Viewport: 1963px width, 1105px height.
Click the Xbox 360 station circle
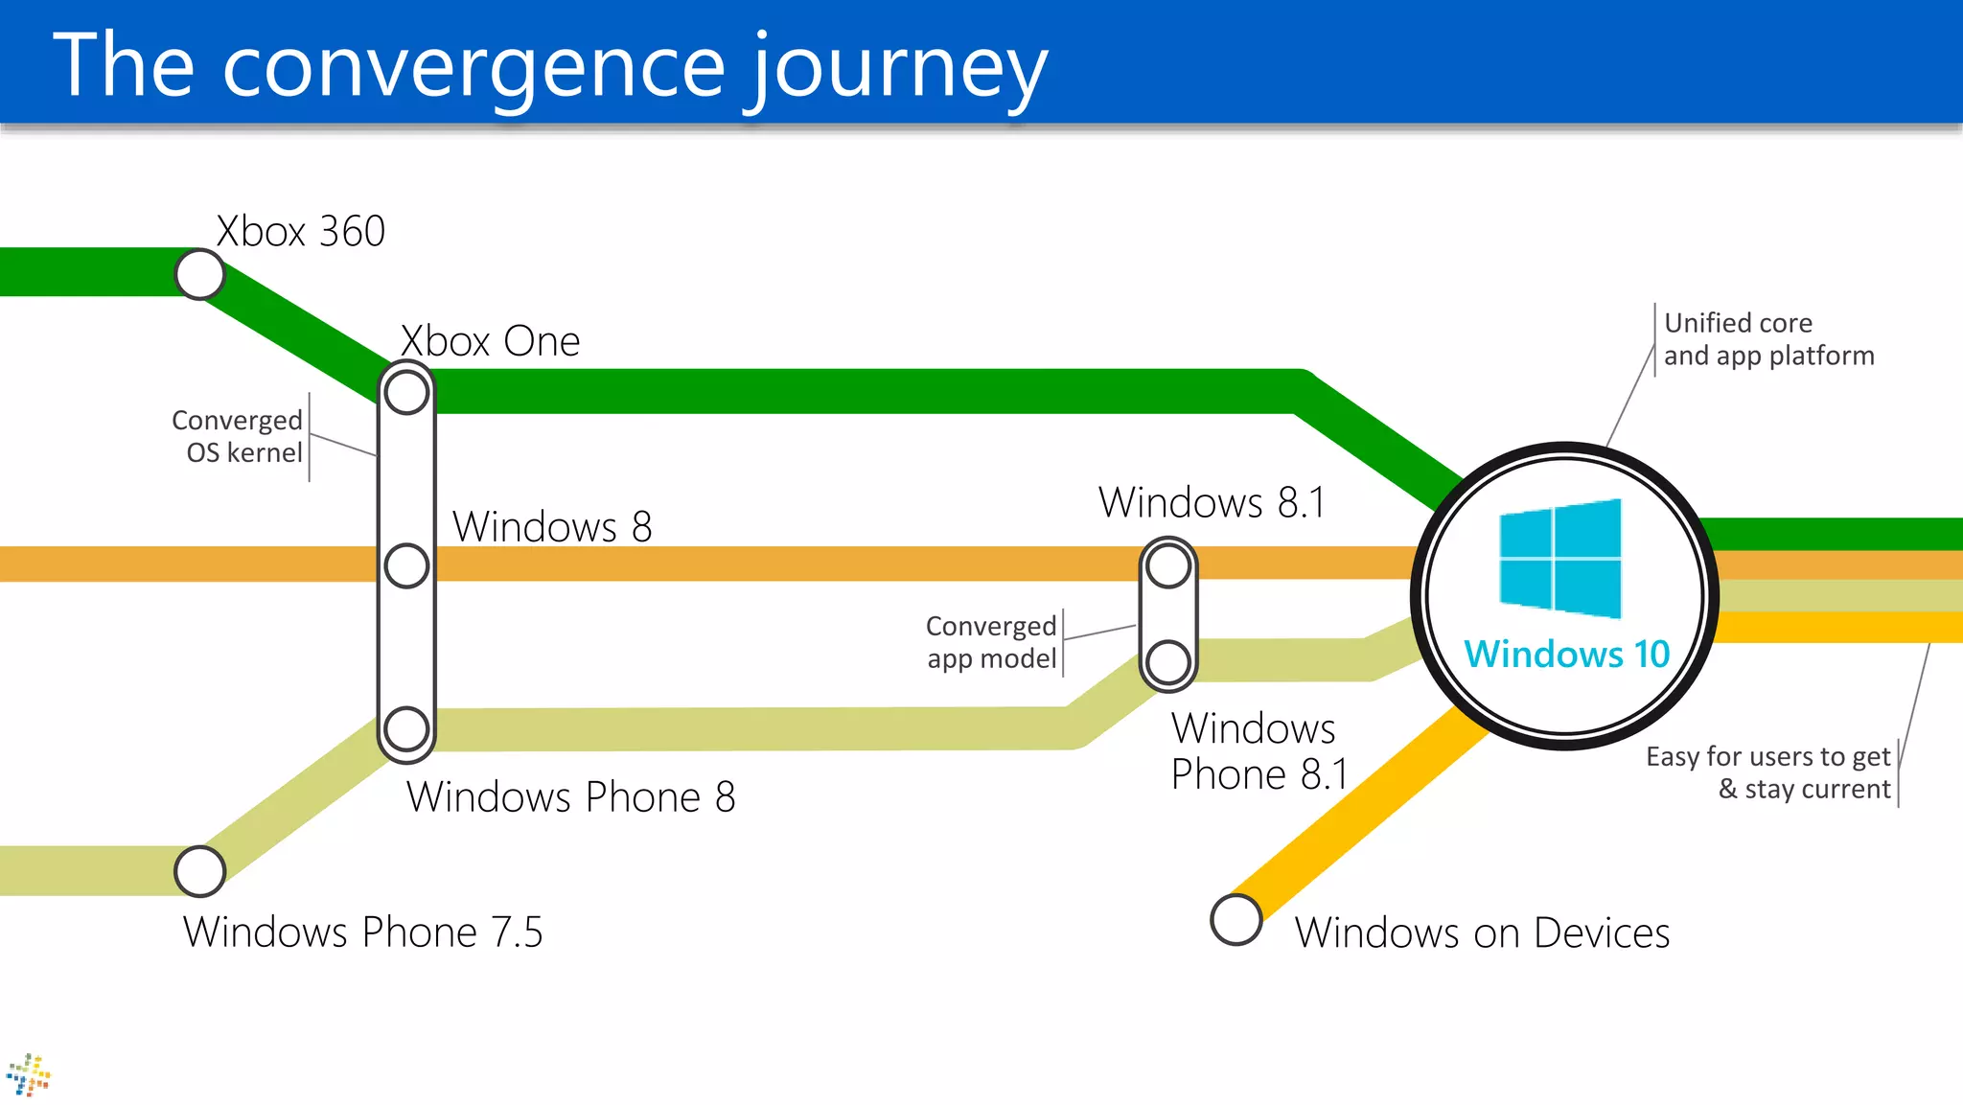click(x=199, y=275)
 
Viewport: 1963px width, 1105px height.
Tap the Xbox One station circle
click(x=406, y=392)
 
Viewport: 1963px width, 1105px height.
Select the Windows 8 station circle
click(x=406, y=565)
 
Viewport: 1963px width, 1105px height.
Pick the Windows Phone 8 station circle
click(x=406, y=728)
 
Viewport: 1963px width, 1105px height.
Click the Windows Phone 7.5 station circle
click(x=199, y=871)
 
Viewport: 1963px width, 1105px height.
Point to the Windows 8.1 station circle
click(x=1168, y=565)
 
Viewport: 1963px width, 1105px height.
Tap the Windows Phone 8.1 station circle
click(x=1168, y=661)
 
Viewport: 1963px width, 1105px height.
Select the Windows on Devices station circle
click(x=1236, y=920)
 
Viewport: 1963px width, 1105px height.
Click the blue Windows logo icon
click(x=1560, y=559)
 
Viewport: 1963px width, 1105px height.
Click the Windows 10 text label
click(x=1566, y=655)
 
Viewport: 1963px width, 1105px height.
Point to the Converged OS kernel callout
click(x=238, y=437)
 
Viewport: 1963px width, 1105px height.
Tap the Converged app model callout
click(x=991, y=642)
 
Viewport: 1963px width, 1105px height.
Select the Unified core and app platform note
click(x=1768, y=339)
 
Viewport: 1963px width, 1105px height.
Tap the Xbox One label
click(x=490, y=341)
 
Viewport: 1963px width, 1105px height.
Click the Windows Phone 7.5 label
click(x=362, y=932)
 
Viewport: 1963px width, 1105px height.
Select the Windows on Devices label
click(x=1482, y=933)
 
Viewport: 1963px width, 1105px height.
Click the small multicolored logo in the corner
click(x=29, y=1075)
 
